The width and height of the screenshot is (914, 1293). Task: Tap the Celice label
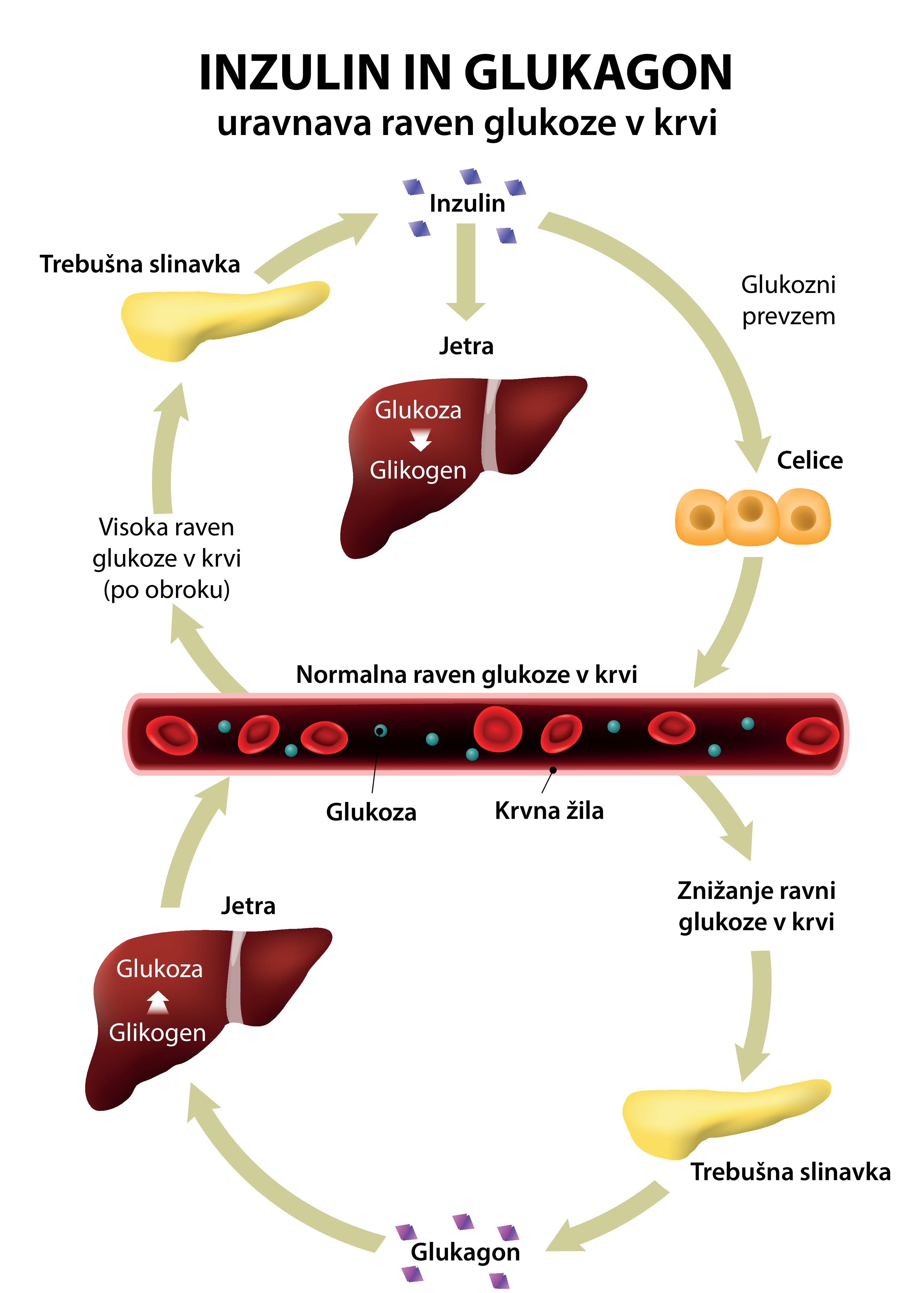(809, 461)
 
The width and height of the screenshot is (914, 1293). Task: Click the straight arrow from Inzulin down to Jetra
(465, 270)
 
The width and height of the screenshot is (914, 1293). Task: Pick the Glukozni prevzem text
(788, 300)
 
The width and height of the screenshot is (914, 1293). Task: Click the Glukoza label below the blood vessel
(371, 812)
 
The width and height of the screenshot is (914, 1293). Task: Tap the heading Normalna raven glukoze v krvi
(466, 674)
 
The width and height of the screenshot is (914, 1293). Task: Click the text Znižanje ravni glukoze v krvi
(756, 906)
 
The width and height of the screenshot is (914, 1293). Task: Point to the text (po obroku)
(166, 590)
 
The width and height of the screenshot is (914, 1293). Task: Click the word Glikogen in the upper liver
(418, 470)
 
